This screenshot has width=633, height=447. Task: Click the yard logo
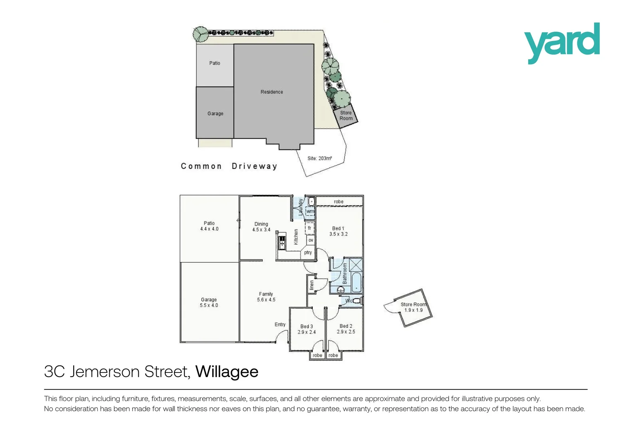pyautogui.click(x=562, y=43)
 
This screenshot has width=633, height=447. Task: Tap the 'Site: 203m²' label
pyautogui.click(x=319, y=158)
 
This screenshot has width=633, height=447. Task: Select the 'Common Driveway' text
pyautogui.click(x=229, y=166)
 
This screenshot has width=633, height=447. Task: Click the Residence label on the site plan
pyautogui.click(x=272, y=92)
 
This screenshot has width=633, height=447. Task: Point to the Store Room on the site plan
pyautogui.click(x=346, y=115)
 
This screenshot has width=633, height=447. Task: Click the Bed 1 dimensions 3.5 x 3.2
pyautogui.click(x=338, y=234)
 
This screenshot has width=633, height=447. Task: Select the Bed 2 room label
pyautogui.click(x=346, y=326)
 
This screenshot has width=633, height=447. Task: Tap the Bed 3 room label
pyautogui.click(x=307, y=327)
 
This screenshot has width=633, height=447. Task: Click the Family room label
pyautogui.click(x=266, y=294)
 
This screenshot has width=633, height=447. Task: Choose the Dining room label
pyautogui.click(x=261, y=224)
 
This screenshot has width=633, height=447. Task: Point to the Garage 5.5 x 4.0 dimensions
pyautogui.click(x=209, y=305)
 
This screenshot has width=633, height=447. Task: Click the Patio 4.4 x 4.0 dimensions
pyautogui.click(x=209, y=229)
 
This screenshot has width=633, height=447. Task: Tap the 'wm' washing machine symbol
pyautogui.click(x=310, y=211)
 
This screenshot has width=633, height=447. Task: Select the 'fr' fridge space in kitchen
pyautogui.click(x=309, y=228)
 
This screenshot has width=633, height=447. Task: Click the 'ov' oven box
pyautogui.click(x=311, y=240)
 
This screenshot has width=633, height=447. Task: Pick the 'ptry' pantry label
pyautogui.click(x=308, y=252)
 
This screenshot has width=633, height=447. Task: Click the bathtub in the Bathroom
pyautogui.click(x=356, y=282)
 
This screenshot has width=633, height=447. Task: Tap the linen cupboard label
pyautogui.click(x=312, y=285)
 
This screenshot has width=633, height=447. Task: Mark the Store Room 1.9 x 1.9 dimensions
pyautogui.click(x=413, y=310)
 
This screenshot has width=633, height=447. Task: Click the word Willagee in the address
pyautogui.click(x=227, y=372)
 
